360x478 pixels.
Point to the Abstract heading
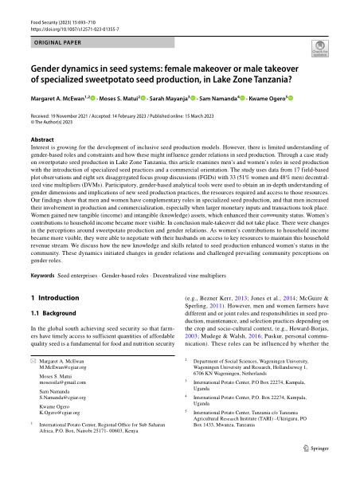click(x=42, y=138)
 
